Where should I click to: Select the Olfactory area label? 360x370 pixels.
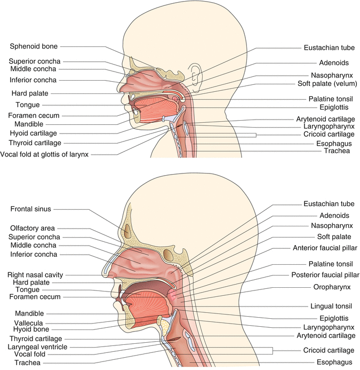33,228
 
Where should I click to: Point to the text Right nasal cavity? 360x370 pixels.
36,274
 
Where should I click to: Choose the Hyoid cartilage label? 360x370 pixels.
33,133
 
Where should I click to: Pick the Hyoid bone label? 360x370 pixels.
34,330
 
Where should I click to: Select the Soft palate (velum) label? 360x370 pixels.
327,84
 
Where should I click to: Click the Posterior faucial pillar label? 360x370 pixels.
325,275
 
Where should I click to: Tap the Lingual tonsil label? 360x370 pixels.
329,307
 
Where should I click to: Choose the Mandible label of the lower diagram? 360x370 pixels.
30,313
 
